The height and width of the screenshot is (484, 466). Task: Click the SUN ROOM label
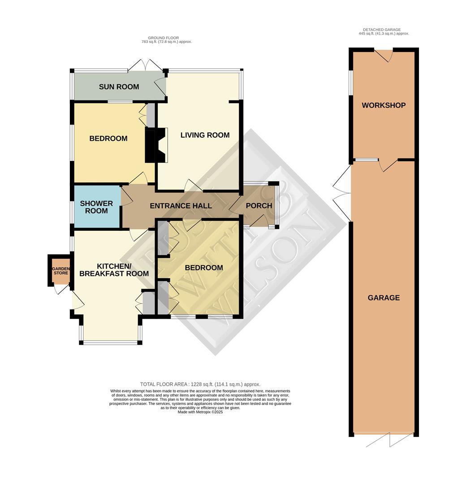[x=119, y=87]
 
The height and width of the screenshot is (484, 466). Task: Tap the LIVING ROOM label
[x=205, y=135]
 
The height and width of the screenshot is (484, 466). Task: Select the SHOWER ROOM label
[x=96, y=207]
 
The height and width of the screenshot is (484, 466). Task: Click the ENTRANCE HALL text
[x=181, y=206]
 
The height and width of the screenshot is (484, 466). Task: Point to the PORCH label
[x=259, y=206]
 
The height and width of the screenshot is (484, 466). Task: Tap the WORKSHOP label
[x=384, y=105]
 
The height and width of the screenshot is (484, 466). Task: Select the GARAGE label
[x=384, y=298]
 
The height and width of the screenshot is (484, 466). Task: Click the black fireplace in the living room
[x=152, y=144]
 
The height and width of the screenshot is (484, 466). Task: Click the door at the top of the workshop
[x=384, y=55]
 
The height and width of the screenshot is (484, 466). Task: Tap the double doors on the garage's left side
[x=342, y=193]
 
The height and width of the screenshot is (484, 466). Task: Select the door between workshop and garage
[x=388, y=164]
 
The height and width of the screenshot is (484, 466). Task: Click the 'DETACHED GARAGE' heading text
[x=384, y=29]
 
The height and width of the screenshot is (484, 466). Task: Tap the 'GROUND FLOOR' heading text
[x=164, y=38]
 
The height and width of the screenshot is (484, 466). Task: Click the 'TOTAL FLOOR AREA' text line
[x=200, y=384]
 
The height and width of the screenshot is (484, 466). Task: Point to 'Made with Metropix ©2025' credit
[x=200, y=412]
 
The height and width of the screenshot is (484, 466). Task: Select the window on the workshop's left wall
[x=351, y=82]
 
